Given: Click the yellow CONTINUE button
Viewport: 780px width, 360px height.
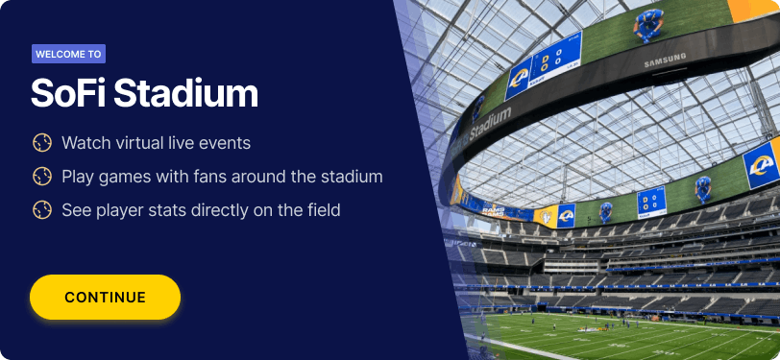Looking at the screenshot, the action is (x=105, y=297).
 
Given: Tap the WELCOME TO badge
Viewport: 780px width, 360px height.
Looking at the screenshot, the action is (x=68, y=54).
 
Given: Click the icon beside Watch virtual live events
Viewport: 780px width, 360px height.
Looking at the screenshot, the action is (x=42, y=143).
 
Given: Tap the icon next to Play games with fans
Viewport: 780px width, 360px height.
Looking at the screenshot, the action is (x=42, y=177).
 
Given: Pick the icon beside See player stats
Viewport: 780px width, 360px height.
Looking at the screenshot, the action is (x=42, y=210).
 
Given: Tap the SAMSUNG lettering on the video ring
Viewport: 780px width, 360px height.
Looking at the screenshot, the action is (x=665, y=60).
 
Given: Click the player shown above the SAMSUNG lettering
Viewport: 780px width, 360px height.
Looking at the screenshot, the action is (x=648, y=25).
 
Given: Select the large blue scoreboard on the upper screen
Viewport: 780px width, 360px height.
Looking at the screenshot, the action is (x=555, y=58).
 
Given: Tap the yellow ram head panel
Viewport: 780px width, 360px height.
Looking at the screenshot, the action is (x=546, y=217).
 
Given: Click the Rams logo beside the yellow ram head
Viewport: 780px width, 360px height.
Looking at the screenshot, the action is (x=566, y=216).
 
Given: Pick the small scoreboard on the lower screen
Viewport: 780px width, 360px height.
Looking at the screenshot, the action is (x=651, y=202).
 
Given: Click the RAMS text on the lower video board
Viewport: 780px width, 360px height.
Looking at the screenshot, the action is (x=493, y=211).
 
